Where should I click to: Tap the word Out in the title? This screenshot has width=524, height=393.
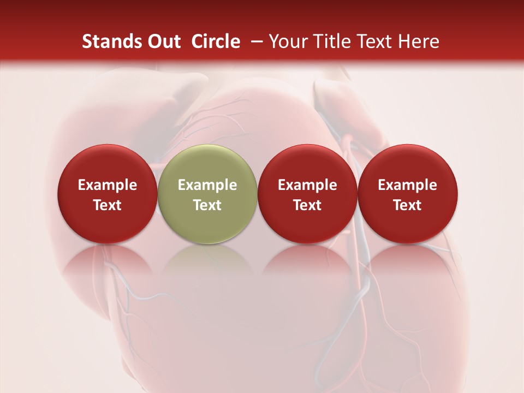pos(163,41)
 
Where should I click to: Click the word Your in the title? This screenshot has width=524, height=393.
pos(287,41)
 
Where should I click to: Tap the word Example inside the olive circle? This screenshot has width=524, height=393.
pos(207,185)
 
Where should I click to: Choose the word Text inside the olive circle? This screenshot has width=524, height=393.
pos(207,205)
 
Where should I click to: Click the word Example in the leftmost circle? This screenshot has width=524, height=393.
pos(107,185)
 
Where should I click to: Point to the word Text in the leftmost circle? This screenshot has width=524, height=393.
pos(107,205)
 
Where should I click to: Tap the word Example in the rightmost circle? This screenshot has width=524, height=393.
pos(408,185)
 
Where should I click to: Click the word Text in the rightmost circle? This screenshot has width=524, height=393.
pos(408,205)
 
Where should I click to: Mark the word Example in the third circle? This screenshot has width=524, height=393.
pos(307,185)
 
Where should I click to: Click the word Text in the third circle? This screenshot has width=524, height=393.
pos(307,205)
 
